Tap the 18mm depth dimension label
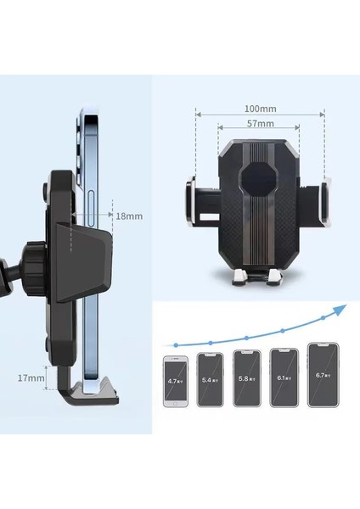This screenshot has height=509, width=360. coord(129,216)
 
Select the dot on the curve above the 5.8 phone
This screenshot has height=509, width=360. coord(246,338)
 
